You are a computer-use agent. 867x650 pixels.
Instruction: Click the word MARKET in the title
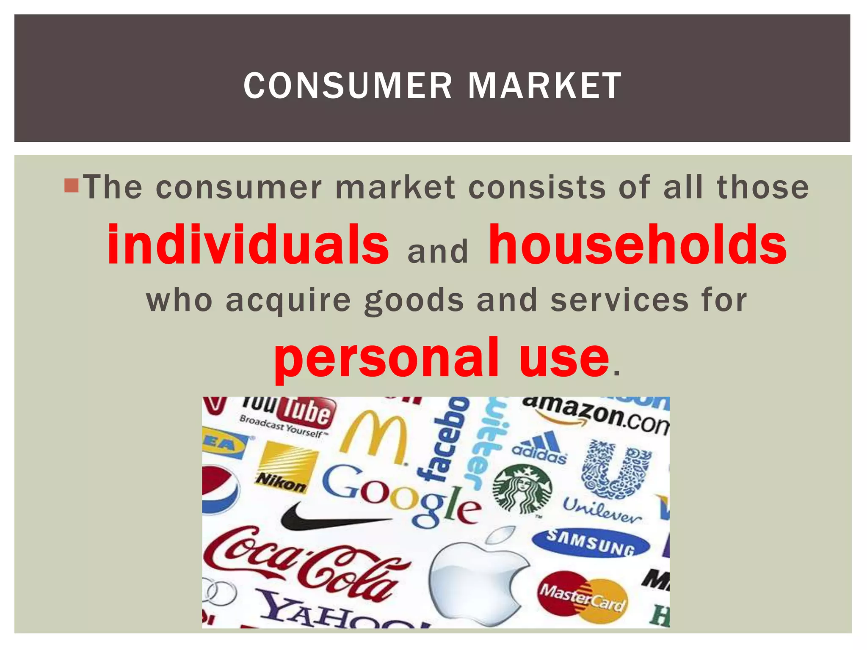pos(544,86)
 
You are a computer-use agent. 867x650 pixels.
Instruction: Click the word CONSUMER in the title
pos(348,86)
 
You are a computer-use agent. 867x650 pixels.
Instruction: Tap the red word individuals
pos(248,245)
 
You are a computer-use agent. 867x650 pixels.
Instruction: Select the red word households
pos(638,245)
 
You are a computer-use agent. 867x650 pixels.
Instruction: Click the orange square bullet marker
pos(72,186)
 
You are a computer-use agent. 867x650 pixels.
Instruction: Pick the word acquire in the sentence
pos(288,301)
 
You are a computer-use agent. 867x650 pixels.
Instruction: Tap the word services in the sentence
pos(619,300)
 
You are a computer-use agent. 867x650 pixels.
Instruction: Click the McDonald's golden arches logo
pos(375,438)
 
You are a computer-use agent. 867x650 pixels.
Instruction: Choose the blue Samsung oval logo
pos(591,543)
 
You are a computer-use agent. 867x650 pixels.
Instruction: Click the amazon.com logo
pos(595,415)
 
